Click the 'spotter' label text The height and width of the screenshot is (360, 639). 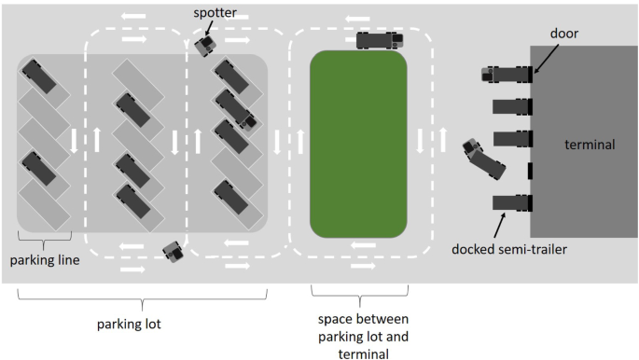click(215, 13)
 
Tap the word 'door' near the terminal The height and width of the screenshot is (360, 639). click(564, 34)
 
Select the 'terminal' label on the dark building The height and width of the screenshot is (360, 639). click(590, 145)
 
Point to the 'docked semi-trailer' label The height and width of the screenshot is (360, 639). click(509, 249)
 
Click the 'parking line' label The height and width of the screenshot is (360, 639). click(45, 260)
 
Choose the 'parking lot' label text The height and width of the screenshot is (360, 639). click(129, 325)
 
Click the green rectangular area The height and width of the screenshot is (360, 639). click(358, 145)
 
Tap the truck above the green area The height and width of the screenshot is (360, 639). click(380, 41)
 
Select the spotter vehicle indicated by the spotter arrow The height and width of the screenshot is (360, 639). click(206, 46)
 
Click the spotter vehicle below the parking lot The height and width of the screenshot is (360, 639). click(174, 251)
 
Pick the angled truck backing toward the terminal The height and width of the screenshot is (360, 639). click(484, 159)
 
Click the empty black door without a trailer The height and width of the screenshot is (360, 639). click(530, 171)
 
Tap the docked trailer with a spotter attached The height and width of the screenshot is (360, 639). click(507, 75)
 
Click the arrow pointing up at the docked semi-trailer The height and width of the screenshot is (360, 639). click(500, 225)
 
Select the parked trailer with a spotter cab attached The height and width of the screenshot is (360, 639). click(236, 110)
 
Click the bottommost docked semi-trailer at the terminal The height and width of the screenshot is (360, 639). click(513, 202)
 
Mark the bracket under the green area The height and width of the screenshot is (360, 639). click(360, 296)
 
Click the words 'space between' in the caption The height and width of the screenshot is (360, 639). click(363, 319)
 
